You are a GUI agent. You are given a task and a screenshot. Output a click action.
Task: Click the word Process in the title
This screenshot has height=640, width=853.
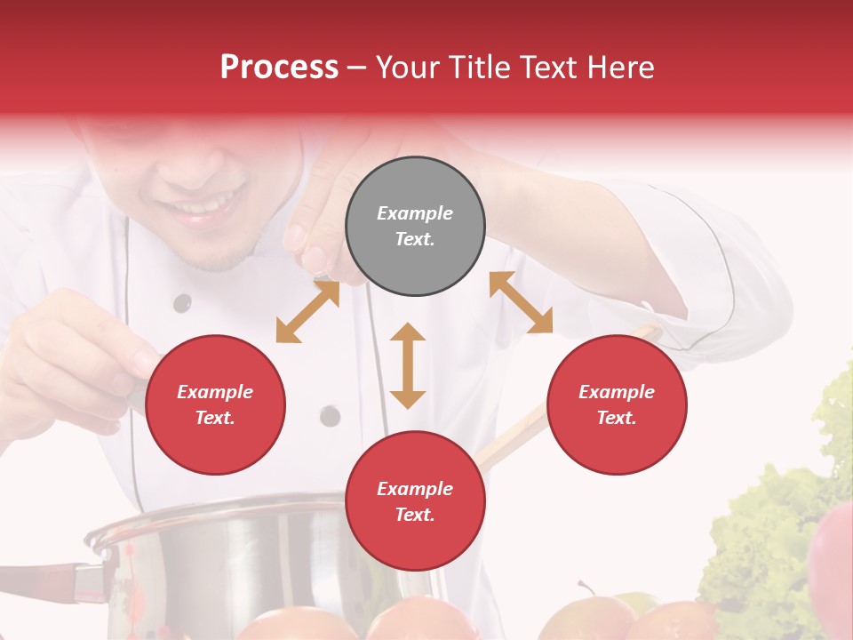(279, 68)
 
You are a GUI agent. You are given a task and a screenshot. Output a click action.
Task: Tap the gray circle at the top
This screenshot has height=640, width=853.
(415, 227)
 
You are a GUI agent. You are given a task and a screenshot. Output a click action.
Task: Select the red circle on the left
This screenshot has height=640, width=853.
(215, 404)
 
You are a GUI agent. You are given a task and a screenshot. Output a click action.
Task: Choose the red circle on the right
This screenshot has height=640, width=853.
(617, 404)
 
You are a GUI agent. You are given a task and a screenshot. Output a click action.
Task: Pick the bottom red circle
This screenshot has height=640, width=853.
(415, 501)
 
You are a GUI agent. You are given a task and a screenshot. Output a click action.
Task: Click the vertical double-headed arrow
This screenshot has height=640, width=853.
(408, 365)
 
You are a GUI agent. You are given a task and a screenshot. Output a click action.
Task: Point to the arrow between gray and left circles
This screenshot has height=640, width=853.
(307, 311)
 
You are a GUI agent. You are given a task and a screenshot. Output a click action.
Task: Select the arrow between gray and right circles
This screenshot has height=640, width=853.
(522, 302)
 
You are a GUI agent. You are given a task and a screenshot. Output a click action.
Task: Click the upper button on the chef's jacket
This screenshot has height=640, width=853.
(182, 303)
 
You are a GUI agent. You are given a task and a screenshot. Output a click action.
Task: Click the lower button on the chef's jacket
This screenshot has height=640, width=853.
(330, 415)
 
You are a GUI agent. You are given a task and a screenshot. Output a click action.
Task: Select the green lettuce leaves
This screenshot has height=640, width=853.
(764, 533)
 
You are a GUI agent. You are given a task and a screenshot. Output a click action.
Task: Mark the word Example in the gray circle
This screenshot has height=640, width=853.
(415, 213)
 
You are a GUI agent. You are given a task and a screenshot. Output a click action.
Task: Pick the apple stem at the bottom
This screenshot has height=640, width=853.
(585, 588)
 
